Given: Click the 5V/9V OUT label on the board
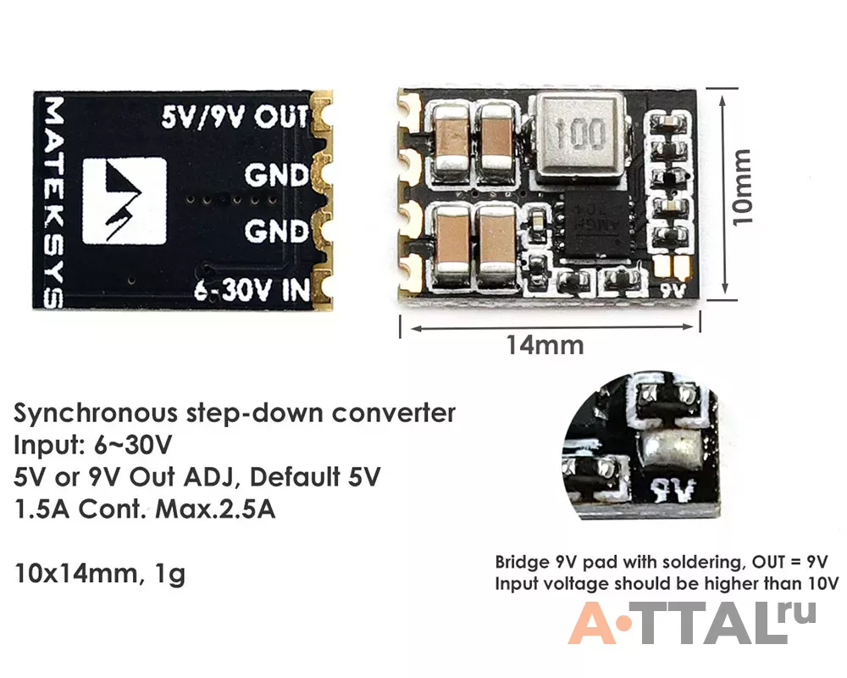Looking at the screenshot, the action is [235, 117].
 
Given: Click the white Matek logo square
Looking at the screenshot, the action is [125, 201].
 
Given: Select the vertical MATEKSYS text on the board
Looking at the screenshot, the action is [53, 203].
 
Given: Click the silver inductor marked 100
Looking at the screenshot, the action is [579, 136].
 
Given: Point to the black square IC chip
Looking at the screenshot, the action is [594, 226].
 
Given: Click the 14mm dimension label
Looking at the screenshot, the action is [545, 345].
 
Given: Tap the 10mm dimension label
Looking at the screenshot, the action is [741, 187].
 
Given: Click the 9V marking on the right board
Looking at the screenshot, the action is [673, 291].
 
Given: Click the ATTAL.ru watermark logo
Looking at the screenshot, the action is [692, 623].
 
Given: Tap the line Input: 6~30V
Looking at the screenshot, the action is [92, 446].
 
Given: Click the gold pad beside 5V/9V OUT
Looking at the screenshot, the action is [322, 114].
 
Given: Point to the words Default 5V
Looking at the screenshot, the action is [315, 477].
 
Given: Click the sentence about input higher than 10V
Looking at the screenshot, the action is [667, 584].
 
